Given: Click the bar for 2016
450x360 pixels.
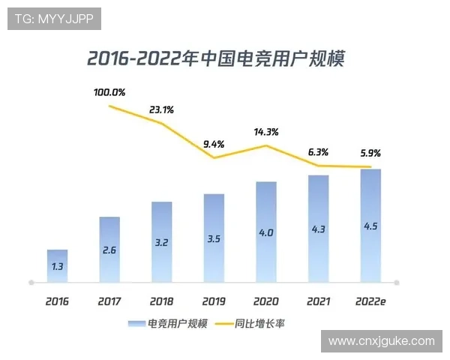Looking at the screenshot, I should coord(57,266).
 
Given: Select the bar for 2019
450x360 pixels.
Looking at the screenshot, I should coord(214,238).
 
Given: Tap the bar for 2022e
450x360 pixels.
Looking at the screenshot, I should coord(370,226).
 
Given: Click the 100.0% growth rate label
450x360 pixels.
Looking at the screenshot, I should coord(109,93).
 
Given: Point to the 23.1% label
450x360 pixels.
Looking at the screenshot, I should coord(161,109).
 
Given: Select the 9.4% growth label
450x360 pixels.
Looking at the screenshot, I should coord(214,144).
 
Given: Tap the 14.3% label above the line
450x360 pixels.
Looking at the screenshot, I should coord(266,132).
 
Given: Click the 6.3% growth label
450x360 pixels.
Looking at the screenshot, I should coord(319,152).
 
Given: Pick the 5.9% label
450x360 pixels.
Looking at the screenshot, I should coord(370,153).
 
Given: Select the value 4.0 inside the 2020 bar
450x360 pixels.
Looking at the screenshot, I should coord(266,232).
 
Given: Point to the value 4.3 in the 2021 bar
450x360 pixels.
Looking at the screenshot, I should coord(319,229).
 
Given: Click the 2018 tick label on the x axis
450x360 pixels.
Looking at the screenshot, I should coord(161,301).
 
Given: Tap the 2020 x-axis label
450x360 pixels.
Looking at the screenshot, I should coord(266,301).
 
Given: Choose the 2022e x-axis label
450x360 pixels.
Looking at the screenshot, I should coord(370,301).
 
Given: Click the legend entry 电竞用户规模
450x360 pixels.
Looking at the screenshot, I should coord(166,324).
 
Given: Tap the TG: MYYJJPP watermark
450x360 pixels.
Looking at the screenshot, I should coord(54,19).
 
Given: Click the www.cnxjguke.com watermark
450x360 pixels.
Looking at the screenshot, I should coord(381,341).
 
